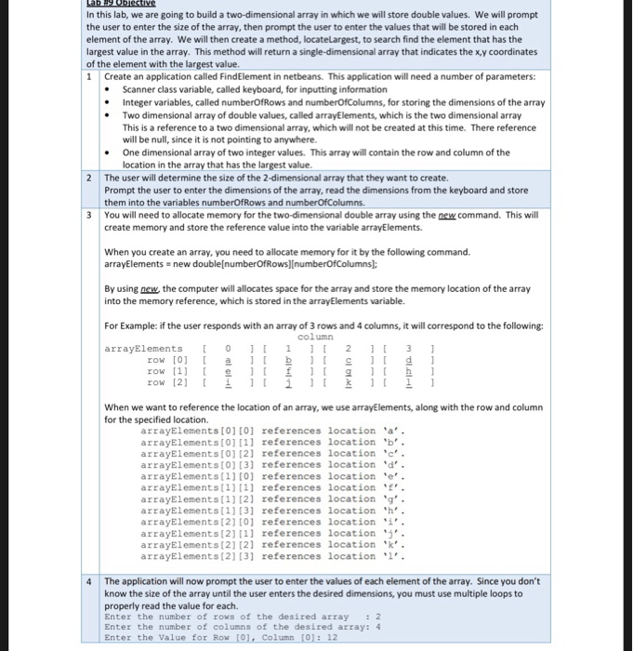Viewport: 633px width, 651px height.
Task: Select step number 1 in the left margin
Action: tap(89, 77)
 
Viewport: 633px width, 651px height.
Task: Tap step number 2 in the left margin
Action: tap(89, 178)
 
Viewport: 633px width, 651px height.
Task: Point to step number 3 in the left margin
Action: tap(89, 214)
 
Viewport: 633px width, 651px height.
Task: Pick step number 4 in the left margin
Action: tap(89, 581)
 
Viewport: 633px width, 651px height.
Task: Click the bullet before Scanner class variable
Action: tap(112, 90)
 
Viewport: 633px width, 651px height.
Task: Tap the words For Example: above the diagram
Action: tap(131, 325)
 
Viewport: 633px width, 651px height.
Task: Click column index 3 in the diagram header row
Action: tap(406, 348)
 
